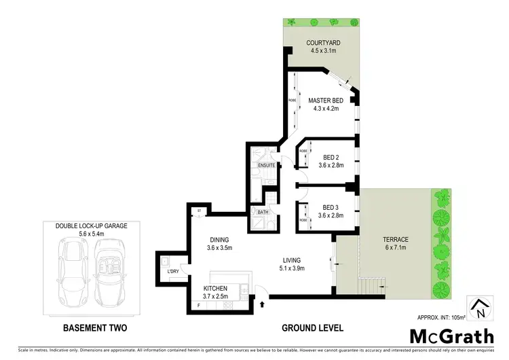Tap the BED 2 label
[331, 155]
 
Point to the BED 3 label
[331, 207]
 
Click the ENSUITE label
[266, 165]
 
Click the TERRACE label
[394, 240]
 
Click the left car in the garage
[73, 272]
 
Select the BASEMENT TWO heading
[94, 328]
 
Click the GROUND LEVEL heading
[312, 328]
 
